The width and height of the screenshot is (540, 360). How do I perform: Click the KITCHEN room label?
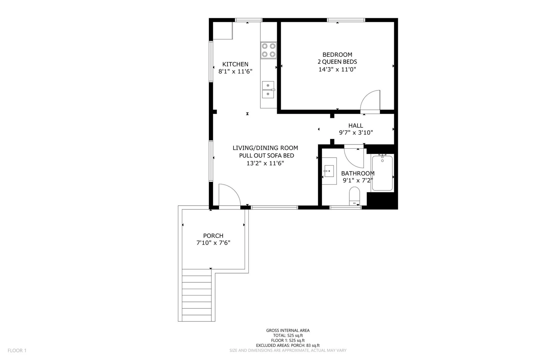pos(235,64)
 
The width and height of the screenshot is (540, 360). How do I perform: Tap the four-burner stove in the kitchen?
pos(269,50)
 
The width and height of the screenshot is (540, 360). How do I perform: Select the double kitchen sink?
pos(268,90)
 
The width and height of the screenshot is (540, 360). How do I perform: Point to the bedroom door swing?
pos(370,101)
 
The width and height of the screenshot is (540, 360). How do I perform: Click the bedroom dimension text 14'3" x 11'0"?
pos(337,70)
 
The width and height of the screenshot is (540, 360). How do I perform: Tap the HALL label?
pos(356,126)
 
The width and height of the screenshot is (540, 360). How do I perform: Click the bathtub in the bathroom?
pos(382,173)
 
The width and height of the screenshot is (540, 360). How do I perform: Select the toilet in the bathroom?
pos(354,196)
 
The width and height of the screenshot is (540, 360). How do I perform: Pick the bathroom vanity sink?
pos(329,171)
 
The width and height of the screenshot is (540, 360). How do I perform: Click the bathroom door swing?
pos(354,156)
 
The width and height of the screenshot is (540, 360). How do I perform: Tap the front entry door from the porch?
pos(230,196)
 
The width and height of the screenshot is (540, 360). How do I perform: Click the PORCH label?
pos(213,236)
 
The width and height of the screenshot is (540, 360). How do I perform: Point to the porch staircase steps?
pos(197,295)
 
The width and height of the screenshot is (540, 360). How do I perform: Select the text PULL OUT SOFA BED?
pos(267,156)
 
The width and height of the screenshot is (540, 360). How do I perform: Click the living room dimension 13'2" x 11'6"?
pos(265,163)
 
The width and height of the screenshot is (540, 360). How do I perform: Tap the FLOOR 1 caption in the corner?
pos(17,351)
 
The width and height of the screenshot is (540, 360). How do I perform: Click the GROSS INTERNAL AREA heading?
pos(288,331)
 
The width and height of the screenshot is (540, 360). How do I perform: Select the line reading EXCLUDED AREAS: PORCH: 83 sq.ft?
pos(288,345)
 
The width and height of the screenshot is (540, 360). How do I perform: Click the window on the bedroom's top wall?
pos(346,20)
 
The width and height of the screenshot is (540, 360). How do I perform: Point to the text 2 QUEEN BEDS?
pos(337,62)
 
